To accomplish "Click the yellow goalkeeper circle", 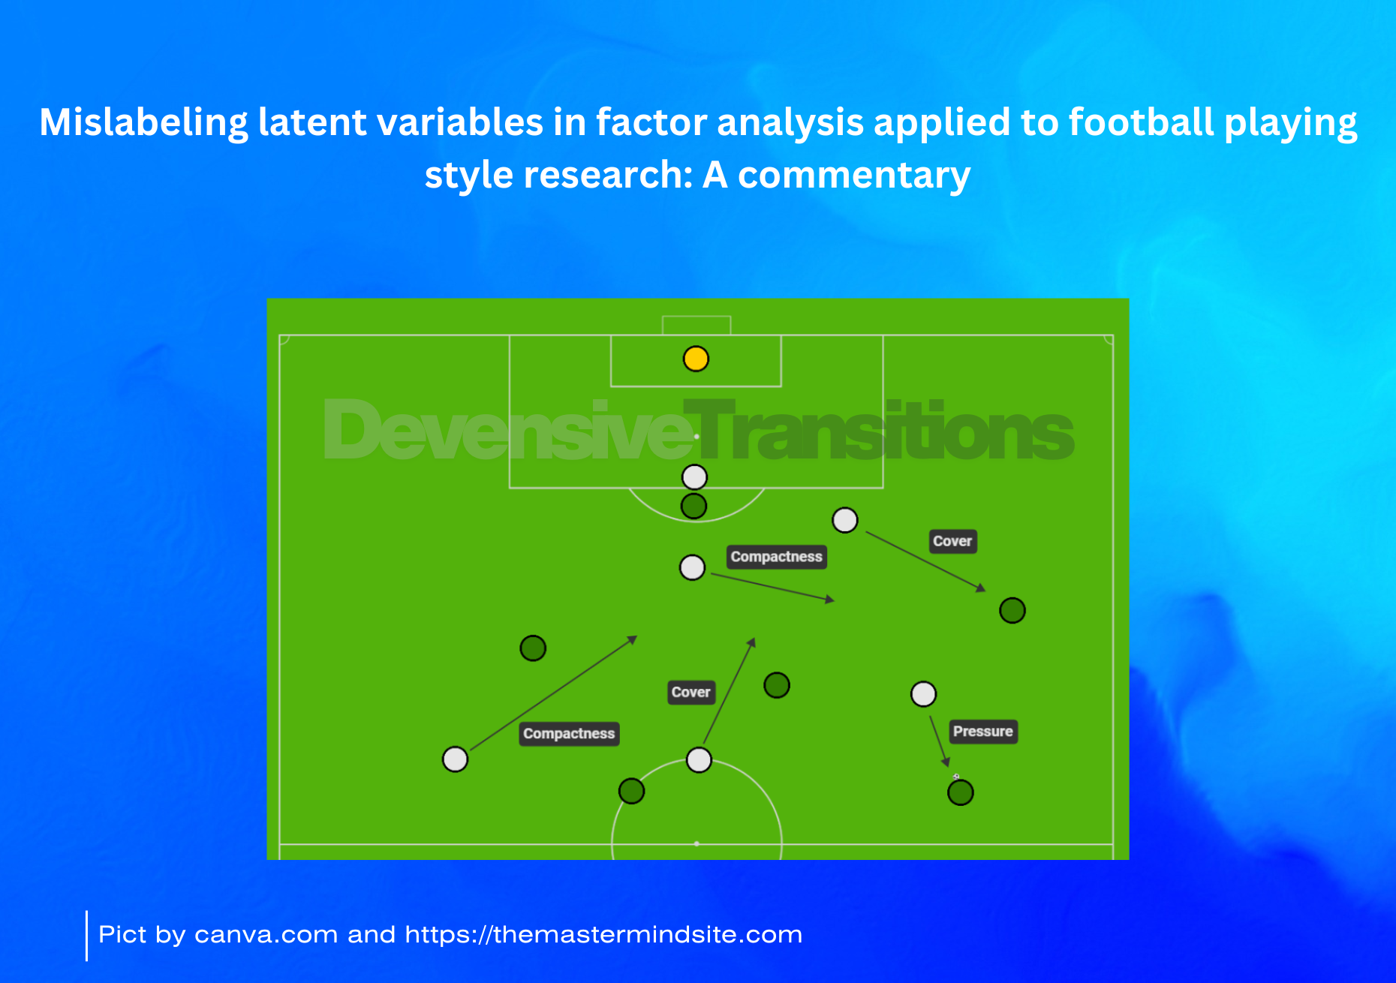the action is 696,359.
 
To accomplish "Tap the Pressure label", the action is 983,732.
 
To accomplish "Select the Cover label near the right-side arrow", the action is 952,541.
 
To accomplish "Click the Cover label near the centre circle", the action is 690,692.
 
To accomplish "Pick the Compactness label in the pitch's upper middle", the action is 777,557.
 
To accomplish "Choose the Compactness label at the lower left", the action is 569,733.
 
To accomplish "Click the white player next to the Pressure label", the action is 923,694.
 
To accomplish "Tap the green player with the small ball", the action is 960,792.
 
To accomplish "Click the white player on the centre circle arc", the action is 699,759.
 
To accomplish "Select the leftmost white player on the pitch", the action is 455,759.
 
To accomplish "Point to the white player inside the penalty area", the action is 694,476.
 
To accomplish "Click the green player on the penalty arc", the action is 693,506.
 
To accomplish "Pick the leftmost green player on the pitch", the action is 533,648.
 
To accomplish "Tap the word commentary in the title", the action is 854,176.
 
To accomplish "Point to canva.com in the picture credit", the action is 266,935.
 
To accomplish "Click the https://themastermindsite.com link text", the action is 603,935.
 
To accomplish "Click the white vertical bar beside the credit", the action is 86,935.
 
